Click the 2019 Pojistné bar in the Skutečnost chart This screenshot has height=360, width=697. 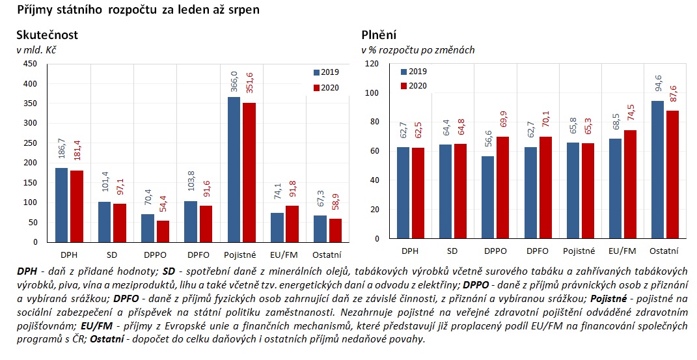[x=234, y=169]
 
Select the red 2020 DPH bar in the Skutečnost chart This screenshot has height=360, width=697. [x=77, y=206]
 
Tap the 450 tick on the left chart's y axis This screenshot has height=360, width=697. [x=30, y=64]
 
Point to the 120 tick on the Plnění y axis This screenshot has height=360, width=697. [x=372, y=64]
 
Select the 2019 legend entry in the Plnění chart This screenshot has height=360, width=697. [x=413, y=72]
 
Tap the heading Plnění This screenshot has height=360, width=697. [x=379, y=35]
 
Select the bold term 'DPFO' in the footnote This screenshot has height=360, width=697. [x=126, y=298]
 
